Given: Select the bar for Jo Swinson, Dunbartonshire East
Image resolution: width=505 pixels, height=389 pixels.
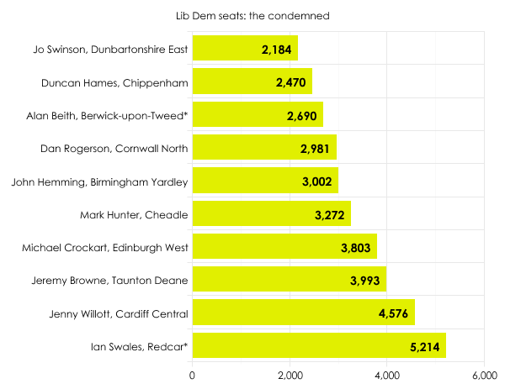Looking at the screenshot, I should point(245,49).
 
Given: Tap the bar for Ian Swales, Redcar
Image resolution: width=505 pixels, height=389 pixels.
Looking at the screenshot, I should point(319,345).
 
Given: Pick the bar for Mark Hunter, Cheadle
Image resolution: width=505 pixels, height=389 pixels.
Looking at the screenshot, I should point(271,213).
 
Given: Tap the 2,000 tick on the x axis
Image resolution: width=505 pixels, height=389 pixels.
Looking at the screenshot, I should point(290,375).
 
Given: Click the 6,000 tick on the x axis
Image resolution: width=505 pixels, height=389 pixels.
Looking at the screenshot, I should point(485,375).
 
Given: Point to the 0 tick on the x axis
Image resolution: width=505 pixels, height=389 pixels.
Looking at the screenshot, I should point(193,375).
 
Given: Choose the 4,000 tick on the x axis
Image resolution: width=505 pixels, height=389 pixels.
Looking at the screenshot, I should point(387,375).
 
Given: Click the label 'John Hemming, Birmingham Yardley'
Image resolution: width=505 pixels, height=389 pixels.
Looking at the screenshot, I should point(100,181).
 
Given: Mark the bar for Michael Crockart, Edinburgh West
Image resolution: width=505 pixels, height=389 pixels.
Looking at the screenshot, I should point(284,247).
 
